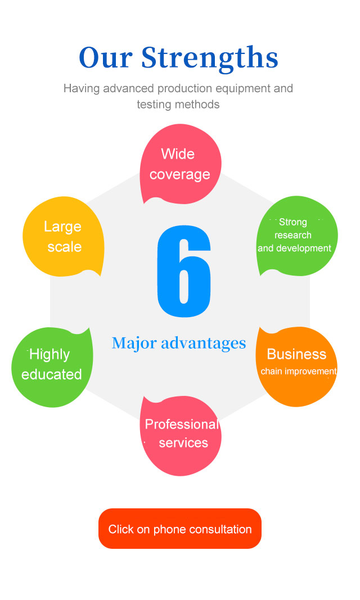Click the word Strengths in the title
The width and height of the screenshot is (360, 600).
209,57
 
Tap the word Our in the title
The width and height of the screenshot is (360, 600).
106,57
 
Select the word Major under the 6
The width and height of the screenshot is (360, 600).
133,343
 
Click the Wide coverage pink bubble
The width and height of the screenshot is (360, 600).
180,164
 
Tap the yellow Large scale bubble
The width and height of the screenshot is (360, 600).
63,236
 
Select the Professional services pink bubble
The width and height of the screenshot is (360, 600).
181,434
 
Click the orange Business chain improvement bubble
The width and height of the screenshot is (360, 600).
297,366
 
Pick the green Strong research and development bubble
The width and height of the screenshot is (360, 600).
296,236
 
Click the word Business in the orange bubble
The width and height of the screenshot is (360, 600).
296,354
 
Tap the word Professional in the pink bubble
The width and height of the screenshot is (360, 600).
181,425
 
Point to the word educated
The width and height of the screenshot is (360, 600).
52,375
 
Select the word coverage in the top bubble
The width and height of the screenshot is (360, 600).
180,175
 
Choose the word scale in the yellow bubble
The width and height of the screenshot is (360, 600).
64,247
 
